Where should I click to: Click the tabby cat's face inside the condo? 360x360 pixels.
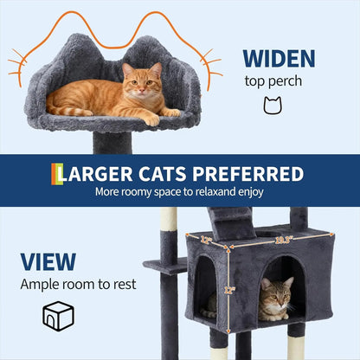(275, 297)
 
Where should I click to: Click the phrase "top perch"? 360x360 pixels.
(273, 84)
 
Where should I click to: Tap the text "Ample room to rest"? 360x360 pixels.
(79, 285)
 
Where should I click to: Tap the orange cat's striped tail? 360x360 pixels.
(69, 110)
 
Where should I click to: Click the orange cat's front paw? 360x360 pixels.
(152, 119)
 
